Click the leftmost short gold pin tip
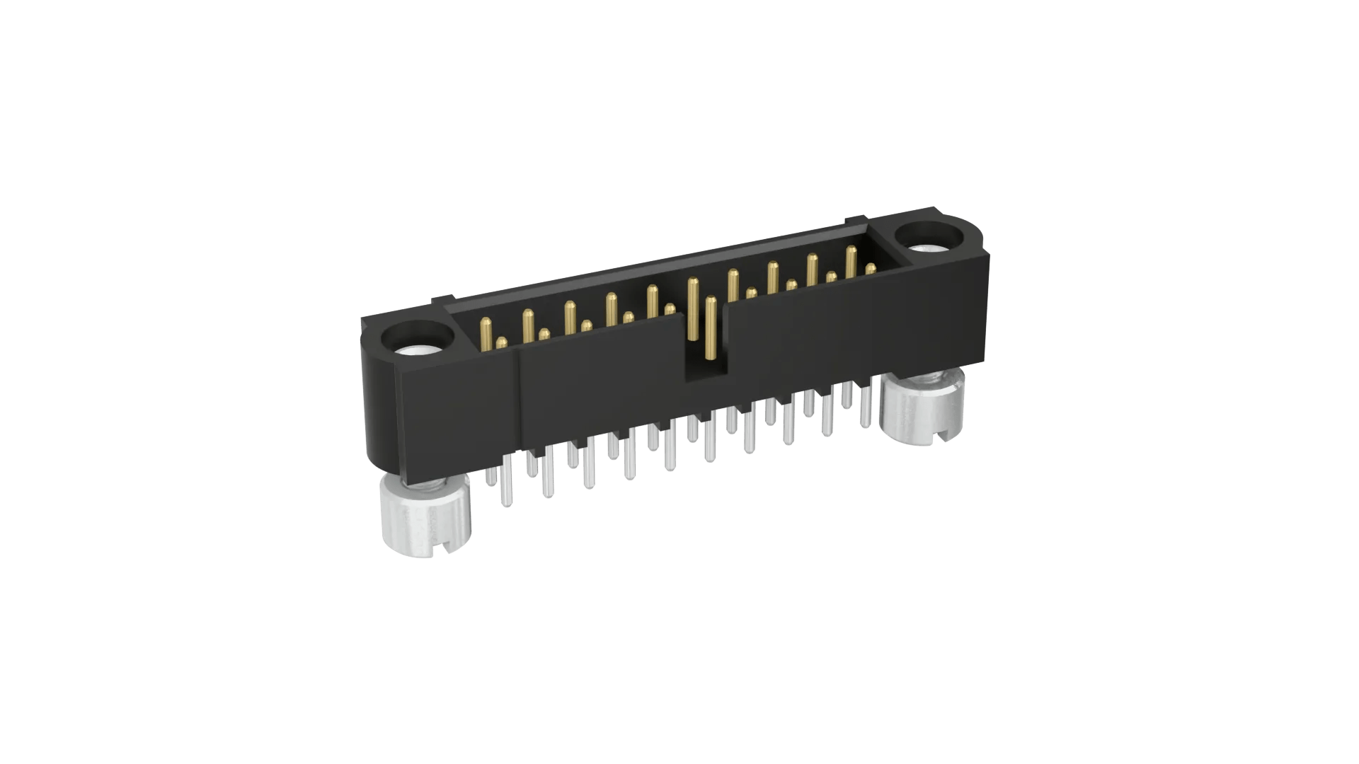click(x=502, y=343)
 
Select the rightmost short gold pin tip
click(x=871, y=268)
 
